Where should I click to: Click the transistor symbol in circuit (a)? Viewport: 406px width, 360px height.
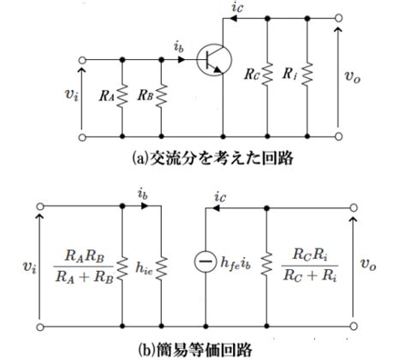point(214,60)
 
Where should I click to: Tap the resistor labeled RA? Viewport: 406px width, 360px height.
point(122,96)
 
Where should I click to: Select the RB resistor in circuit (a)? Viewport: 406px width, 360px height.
point(162,96)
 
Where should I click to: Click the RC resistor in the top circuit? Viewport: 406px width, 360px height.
point(267,75)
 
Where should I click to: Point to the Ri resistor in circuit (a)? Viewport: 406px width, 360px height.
point(307,75)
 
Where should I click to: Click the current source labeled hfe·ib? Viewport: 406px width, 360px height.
point(206,261)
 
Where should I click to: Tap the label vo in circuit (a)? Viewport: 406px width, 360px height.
point(353,76)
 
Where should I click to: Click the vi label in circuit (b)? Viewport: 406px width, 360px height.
point(29,267)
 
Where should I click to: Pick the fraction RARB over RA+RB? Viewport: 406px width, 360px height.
point(84,267)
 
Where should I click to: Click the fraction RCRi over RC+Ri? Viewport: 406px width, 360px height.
point(310,265)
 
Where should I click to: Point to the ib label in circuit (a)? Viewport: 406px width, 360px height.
point(179,47)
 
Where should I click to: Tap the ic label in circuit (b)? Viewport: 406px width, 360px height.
point(220,196)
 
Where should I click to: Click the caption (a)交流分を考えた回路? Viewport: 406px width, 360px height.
point(213,158)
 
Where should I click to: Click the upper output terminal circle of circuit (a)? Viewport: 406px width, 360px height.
point(338,18)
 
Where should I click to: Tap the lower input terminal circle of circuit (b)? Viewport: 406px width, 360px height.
point(40,327)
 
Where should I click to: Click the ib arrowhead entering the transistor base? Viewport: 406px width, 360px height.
point(182,60)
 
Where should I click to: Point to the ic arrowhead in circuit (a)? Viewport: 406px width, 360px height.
point(234,19)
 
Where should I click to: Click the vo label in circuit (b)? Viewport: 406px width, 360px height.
point(368,264)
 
